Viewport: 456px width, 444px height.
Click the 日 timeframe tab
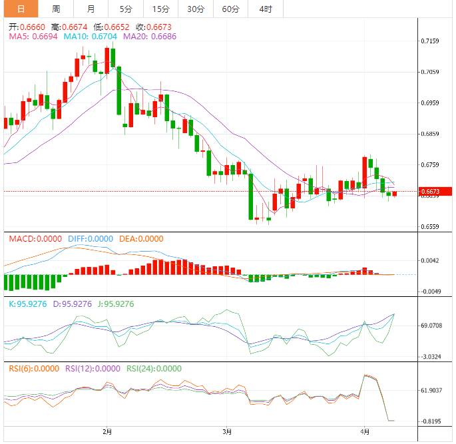click(21, 9)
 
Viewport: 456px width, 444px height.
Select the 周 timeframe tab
click(56, 9)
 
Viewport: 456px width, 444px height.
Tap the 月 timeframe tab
click(91, 9)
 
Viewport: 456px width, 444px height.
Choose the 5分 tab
click(126, 9)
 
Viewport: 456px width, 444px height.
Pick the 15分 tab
click(160, 9)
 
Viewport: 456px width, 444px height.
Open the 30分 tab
click(196, 9)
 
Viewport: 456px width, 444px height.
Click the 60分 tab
click(230, 9)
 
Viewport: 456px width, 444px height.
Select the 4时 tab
click(265, 9)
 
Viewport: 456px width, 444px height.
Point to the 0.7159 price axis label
click(430, 41)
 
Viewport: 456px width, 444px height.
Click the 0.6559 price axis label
click(430, 227)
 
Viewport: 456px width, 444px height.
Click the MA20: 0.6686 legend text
click(150, 37)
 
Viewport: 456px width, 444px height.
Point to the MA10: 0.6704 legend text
click(90, 37)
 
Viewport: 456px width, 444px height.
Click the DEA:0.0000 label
click(140, 239)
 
